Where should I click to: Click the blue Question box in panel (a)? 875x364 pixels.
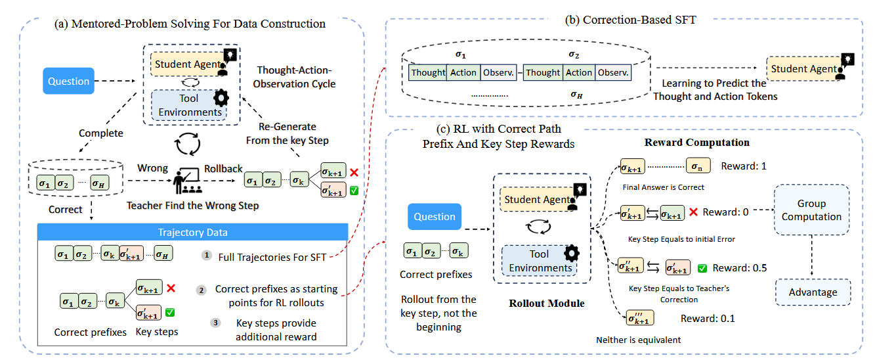coord(69,81)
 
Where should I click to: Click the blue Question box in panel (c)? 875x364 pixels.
coord(435,217)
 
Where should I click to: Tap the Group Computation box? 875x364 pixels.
coord(811,210)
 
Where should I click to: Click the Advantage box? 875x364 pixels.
coord(813,292)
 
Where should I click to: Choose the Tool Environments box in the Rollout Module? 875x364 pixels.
coord(540,261)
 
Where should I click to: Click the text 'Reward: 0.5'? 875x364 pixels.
coord(740,267)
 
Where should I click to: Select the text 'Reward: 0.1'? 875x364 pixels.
coord(708,319)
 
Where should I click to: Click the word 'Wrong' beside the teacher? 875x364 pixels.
coord(152,168)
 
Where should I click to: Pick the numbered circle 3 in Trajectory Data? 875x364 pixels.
coord(215,323)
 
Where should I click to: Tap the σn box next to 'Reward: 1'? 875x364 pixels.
coord(698,166)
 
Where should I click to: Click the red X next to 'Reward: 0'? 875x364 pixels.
coord(693,212)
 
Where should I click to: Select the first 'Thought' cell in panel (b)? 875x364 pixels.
coord(428,72)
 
